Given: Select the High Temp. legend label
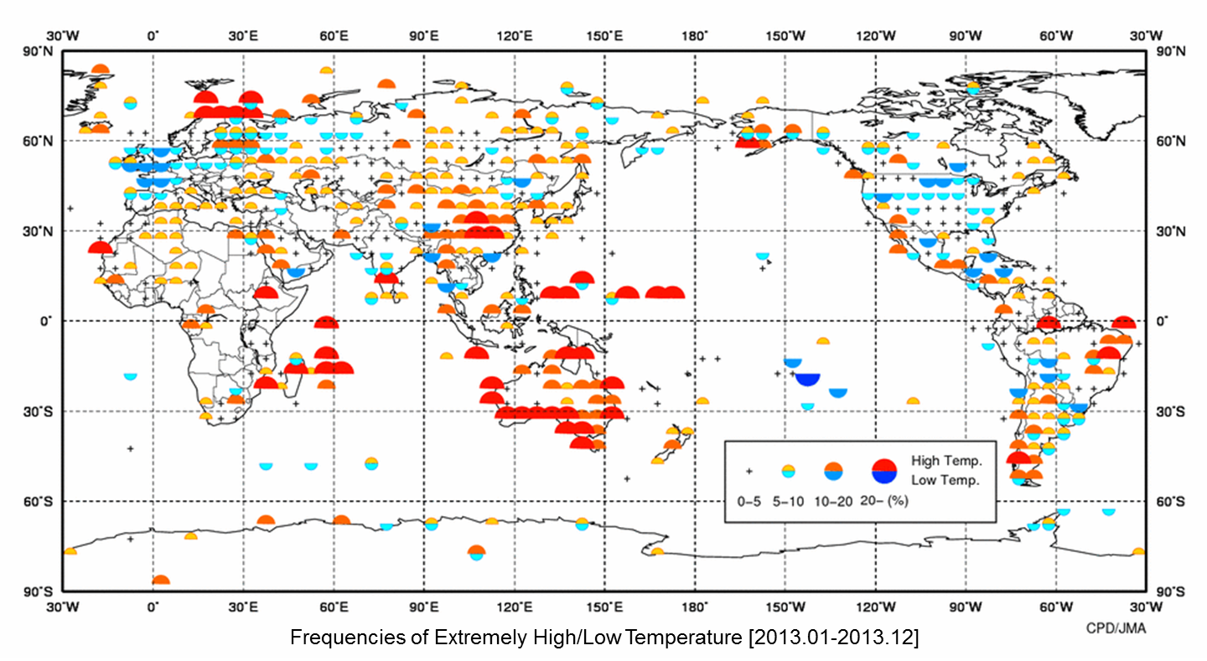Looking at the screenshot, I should (x=946, y=461).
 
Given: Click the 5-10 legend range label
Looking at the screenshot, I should (x=789, y=501).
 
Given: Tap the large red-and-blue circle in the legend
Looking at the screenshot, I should (x=884, y=472).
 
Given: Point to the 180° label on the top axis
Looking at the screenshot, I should (x=695, y=36).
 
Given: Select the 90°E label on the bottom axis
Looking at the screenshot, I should (x=423, y=605).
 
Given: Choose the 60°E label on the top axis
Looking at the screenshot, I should (x=333, y=36).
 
